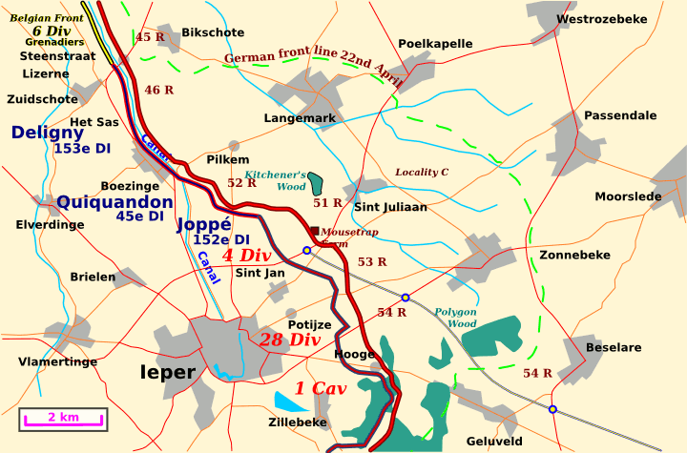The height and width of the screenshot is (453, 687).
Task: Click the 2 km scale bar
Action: click(x=64, y=418)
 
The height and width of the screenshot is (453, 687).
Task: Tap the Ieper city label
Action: click(x=167, y=373)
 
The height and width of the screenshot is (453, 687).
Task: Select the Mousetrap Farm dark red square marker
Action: click(x=314, y=230)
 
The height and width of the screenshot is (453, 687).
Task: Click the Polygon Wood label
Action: click(x=455, y=318)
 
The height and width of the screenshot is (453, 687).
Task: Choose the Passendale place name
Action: click(x=620, y=115)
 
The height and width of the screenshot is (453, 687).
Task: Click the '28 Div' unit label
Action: click(x=290, y=340)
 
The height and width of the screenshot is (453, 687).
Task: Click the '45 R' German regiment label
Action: click(x=151, y=37)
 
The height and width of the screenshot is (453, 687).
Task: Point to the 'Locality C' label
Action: click(x=422, y=173)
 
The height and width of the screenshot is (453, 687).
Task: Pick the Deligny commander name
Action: click(x=48, y=133)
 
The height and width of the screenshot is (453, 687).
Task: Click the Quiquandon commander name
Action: click(x=114, y=201)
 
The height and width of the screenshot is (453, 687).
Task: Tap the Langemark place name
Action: click(x=300, y=118)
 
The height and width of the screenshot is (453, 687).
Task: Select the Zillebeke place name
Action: click(x=297, y=422)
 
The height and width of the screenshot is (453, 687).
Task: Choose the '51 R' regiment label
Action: click(x=327, y=203)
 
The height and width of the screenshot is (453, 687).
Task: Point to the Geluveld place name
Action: click(x=494, y=442)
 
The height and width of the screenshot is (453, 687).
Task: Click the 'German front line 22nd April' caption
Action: click(x=315, y=64)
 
